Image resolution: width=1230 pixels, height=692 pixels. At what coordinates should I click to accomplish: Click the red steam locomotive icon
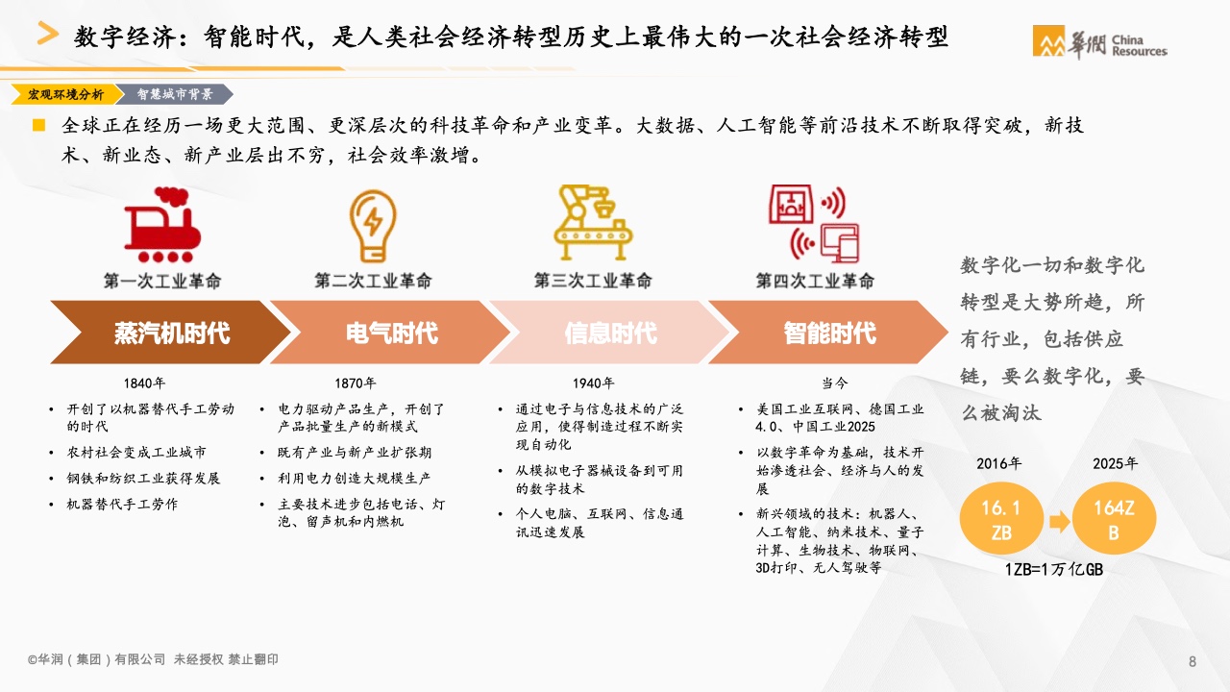[162, 225]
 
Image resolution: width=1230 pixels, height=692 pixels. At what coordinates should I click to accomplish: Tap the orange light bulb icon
[373, 226]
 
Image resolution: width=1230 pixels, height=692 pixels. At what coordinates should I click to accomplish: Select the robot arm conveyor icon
[593, 222]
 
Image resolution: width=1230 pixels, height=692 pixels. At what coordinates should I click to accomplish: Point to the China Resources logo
[1100, 42]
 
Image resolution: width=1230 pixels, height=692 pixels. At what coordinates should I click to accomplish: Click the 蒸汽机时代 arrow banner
[171, 333]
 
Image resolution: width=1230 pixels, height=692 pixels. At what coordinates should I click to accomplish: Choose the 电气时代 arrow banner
[390, 333]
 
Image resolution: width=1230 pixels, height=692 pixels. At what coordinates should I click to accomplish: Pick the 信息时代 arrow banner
[610, 333]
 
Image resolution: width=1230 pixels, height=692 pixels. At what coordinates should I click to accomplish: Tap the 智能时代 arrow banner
[828, 333]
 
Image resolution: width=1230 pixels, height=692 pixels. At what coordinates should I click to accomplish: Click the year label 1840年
[144, 383]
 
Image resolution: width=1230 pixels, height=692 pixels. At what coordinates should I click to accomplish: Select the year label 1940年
[594, 383]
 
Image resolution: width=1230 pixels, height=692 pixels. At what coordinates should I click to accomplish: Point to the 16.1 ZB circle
[1001, 519]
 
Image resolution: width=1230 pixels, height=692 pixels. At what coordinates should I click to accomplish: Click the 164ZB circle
[1114, 519]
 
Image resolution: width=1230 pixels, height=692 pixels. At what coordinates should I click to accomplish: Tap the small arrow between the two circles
[1059, 521]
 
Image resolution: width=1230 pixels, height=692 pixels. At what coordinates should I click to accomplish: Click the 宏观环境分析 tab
[66, 94]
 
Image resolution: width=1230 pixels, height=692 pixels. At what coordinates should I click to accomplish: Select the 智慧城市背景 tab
[175, 94]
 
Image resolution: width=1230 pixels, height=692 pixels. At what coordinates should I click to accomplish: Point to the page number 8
[1193, 661]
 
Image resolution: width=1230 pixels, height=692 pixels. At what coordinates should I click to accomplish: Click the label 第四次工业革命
[814, 281]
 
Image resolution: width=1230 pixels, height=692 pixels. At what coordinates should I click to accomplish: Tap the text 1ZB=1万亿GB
[1054, 570]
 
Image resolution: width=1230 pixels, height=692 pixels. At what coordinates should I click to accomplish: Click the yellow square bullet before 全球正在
[39, 125]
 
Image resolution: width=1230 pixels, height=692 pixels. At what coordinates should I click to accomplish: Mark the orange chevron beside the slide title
[48, 33]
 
